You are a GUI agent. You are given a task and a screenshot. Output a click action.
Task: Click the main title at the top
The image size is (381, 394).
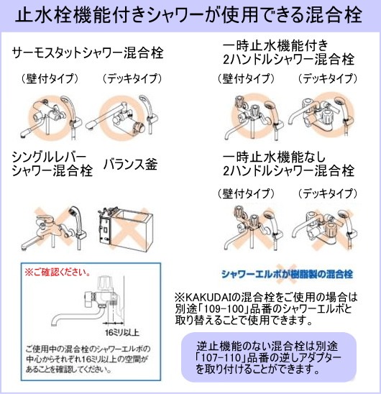click(188, 15)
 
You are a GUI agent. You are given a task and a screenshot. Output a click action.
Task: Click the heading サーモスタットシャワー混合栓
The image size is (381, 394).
click(88, 53)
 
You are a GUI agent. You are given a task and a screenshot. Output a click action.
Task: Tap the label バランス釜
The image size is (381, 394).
click(130, 165)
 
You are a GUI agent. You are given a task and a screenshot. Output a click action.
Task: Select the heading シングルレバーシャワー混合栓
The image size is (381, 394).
click(52, 164)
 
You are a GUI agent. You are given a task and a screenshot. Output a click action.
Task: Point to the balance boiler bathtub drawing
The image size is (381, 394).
click(125, 227)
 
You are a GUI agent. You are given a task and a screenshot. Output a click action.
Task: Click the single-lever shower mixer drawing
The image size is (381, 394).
click(54, 229)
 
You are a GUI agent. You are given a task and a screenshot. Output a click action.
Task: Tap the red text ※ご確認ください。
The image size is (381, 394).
click(58, 272)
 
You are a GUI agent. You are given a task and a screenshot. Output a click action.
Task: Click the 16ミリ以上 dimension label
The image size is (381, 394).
click(122, 333)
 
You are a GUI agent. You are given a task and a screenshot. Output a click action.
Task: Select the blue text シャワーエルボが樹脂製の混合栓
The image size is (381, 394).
click(288, 274)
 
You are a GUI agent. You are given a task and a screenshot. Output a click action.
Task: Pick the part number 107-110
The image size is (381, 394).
click(221, 357)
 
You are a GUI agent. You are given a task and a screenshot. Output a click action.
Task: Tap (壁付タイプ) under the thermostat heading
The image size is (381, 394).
click(50, 78)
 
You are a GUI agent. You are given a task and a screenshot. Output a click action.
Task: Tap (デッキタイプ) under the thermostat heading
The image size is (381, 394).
click(132, 78)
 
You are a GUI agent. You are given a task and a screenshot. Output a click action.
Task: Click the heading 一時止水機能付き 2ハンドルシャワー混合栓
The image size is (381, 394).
click(288, 52)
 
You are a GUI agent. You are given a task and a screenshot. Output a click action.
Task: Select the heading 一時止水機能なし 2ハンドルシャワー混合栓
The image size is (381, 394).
click(288, 164)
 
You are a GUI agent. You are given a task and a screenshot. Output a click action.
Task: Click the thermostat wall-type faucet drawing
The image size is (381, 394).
click(50, 118)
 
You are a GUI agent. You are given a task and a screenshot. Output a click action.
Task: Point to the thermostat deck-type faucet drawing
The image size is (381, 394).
click(122, 116)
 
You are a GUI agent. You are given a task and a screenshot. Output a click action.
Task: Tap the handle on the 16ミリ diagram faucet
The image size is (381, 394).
click(104, 283)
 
